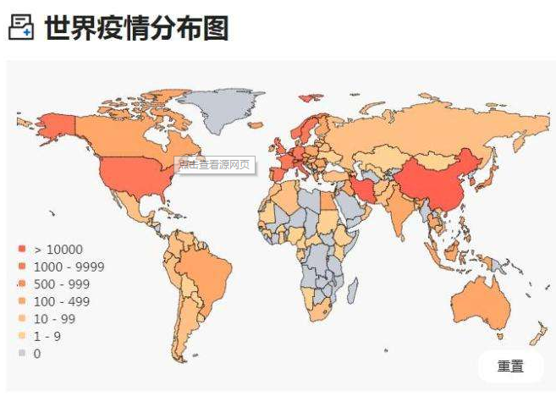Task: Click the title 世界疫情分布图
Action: (x=136, y=28)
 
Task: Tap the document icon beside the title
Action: (x=21, y=28)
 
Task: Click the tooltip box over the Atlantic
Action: (x=215, y=164)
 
